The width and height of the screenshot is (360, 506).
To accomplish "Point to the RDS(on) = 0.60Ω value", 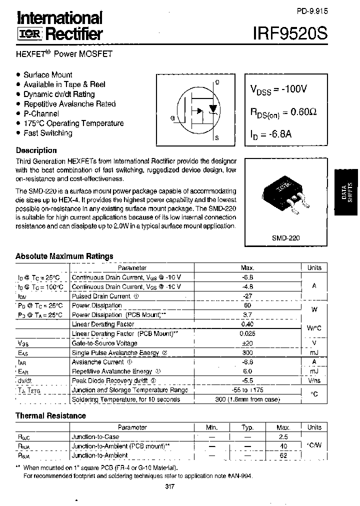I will tap(283, 114).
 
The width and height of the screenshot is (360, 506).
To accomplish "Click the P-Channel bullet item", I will tap(41, 113).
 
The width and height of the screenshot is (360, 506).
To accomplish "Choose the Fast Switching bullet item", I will tap(47, 133).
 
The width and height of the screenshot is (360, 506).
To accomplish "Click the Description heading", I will tap(36, 150).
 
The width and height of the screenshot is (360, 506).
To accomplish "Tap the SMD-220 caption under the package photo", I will tap(286, 239).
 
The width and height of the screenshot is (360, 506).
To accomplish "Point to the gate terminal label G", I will tap(172, 118).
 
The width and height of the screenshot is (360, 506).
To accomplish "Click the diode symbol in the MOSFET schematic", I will tap(213, 108).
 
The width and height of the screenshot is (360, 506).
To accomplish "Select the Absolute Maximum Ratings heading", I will tap(64, 256).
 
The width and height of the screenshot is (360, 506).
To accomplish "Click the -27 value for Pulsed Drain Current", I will tap(247, 296).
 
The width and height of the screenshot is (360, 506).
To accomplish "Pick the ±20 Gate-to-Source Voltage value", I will tap(247, 343).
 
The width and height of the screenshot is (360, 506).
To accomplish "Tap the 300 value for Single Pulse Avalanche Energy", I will tap(247, 352).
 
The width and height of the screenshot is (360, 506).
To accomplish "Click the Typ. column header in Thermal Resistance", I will tap(247, 427).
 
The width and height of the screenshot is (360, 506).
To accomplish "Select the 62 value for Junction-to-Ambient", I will tap(283, 455).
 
